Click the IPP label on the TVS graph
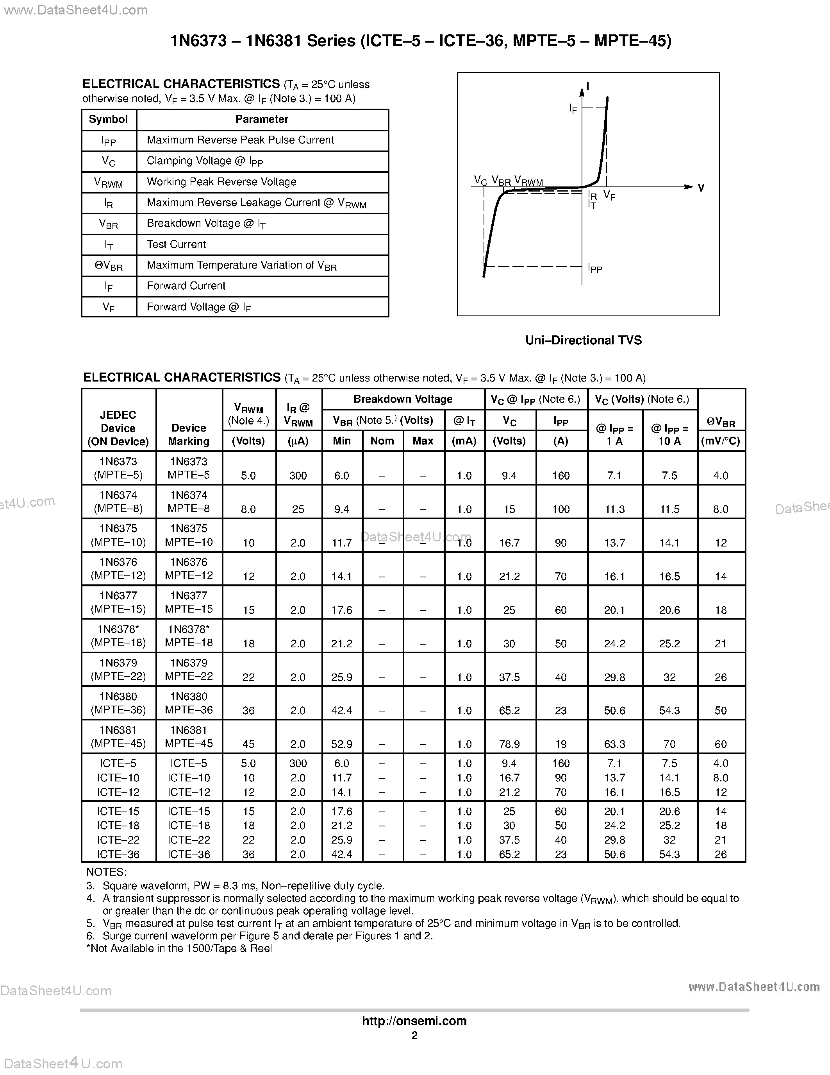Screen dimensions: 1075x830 pos(594,268)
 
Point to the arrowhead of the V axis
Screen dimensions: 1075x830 pos(689,187)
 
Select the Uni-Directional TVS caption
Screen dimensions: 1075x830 pos(583,340)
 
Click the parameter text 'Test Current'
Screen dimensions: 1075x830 pos(176,244)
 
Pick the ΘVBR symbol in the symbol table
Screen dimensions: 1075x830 pos(109,266)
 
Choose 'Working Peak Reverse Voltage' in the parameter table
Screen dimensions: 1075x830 pos(221,182)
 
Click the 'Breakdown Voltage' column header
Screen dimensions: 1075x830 pos(403,399)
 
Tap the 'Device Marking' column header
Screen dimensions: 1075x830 pos(189,434)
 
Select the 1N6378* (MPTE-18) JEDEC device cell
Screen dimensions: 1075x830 pos(118,636)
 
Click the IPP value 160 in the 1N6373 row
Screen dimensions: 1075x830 pos(560,475)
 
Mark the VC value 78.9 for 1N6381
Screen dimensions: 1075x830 pos(509,744)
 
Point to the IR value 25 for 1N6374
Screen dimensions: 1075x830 pos(298,509)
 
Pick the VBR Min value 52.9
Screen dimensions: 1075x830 pos(342,744)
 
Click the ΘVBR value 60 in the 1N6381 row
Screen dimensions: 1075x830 pos(720,744)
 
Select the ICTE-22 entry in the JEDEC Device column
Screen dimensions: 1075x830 pos(118,840)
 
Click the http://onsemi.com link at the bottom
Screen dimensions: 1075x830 pos(414,1020)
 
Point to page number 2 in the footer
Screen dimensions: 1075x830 pos(414,1035)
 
